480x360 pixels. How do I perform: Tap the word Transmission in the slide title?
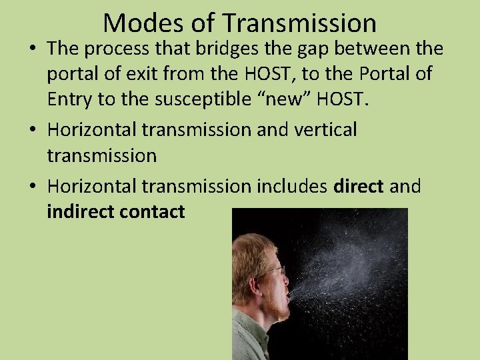tap(299, 23)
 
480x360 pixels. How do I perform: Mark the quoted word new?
tap(289, 101)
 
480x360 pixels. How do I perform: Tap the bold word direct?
tap(357, 187)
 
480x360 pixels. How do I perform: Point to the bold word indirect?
tap(80, 212)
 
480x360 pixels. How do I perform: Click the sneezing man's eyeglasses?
tap(275, 272)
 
